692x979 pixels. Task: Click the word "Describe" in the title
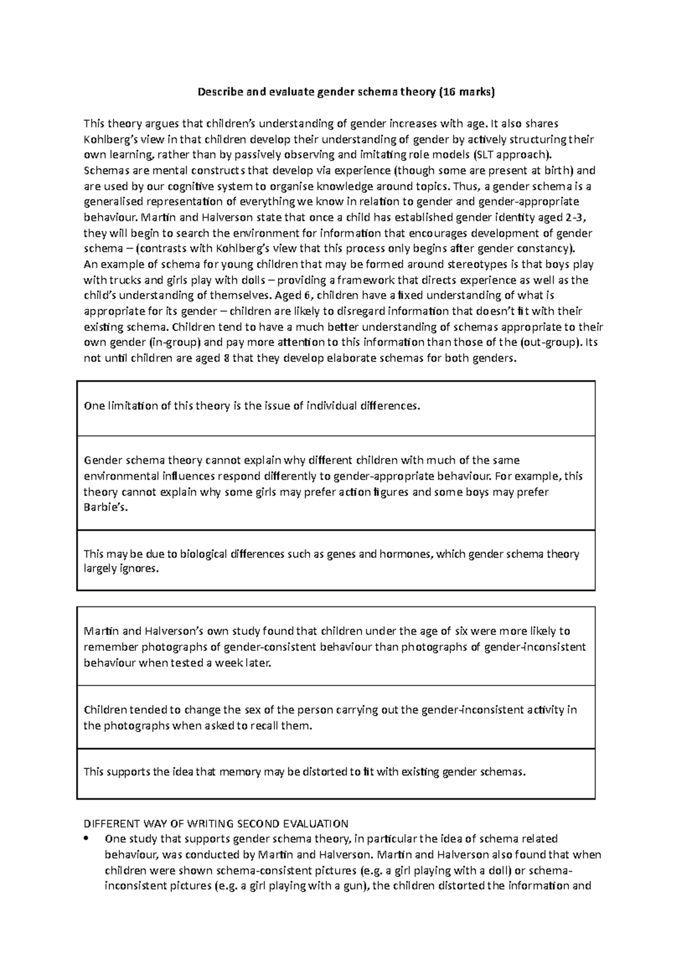(218, 92)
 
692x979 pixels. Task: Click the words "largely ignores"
(120, 569)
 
